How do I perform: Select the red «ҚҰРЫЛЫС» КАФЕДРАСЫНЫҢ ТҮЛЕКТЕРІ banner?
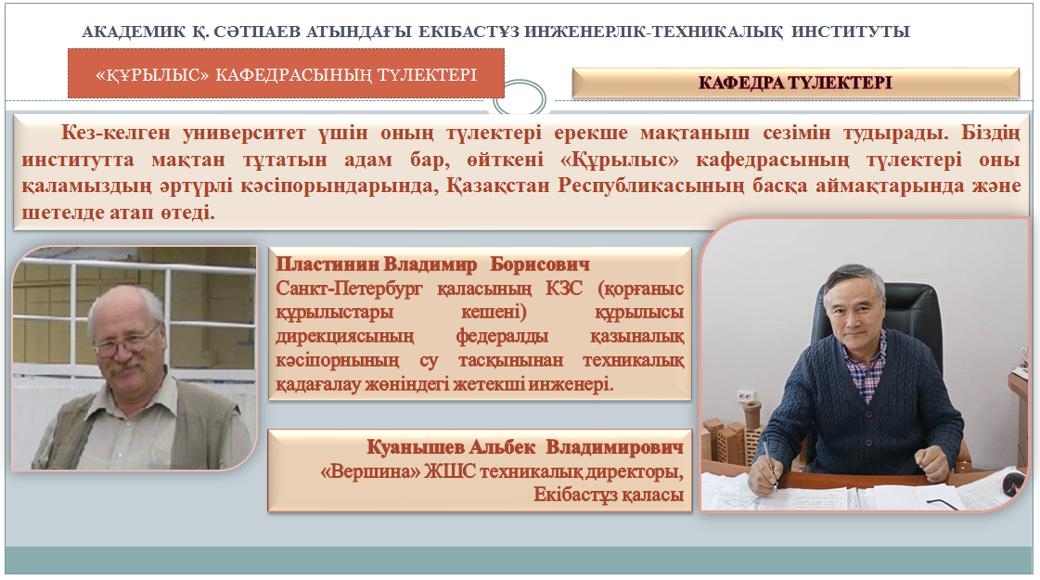click(x=286, y=73)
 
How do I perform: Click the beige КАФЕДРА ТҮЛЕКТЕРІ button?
click(x=795, y=83)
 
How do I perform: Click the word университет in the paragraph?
click(x=244, y=133)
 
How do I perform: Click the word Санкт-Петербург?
click(x=349, y=289)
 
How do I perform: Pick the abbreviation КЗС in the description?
click(x=564, y=288)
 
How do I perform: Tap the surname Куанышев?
click(x=416, y=447)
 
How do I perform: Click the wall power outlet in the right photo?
click(x=747, y=396)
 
